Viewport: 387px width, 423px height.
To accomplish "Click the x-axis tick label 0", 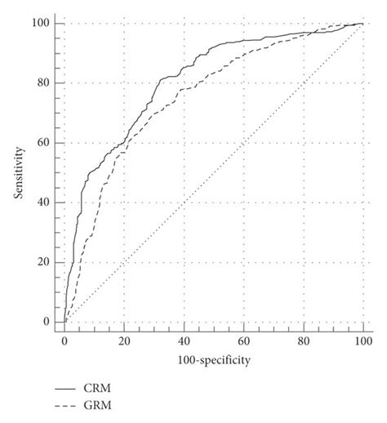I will click(x=64, y=340).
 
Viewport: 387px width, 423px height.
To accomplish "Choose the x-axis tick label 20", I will click(x=124, y=340).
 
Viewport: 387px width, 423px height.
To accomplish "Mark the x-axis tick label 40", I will click(x=184, y=340).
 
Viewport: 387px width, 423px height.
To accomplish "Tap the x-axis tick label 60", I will click(x=243, y=340).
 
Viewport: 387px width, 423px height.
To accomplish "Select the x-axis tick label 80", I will click(x=303, y=340).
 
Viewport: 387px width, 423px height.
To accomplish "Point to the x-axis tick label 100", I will click(x=363, y=340).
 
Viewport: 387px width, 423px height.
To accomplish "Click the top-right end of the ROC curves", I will click(x=363, y=24).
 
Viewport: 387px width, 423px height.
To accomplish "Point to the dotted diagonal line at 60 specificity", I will click(x=243, y=143).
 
